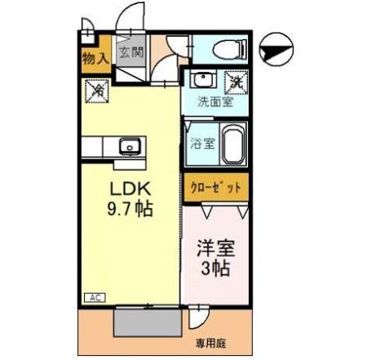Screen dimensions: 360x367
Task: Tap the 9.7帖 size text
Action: pos(131,209)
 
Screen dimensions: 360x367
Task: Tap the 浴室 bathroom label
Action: pos(202,144)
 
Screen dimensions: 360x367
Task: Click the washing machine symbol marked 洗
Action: pos(236,81)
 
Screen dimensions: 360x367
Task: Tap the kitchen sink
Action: pos(130,147)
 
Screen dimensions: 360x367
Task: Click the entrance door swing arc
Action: pos(128,18)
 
